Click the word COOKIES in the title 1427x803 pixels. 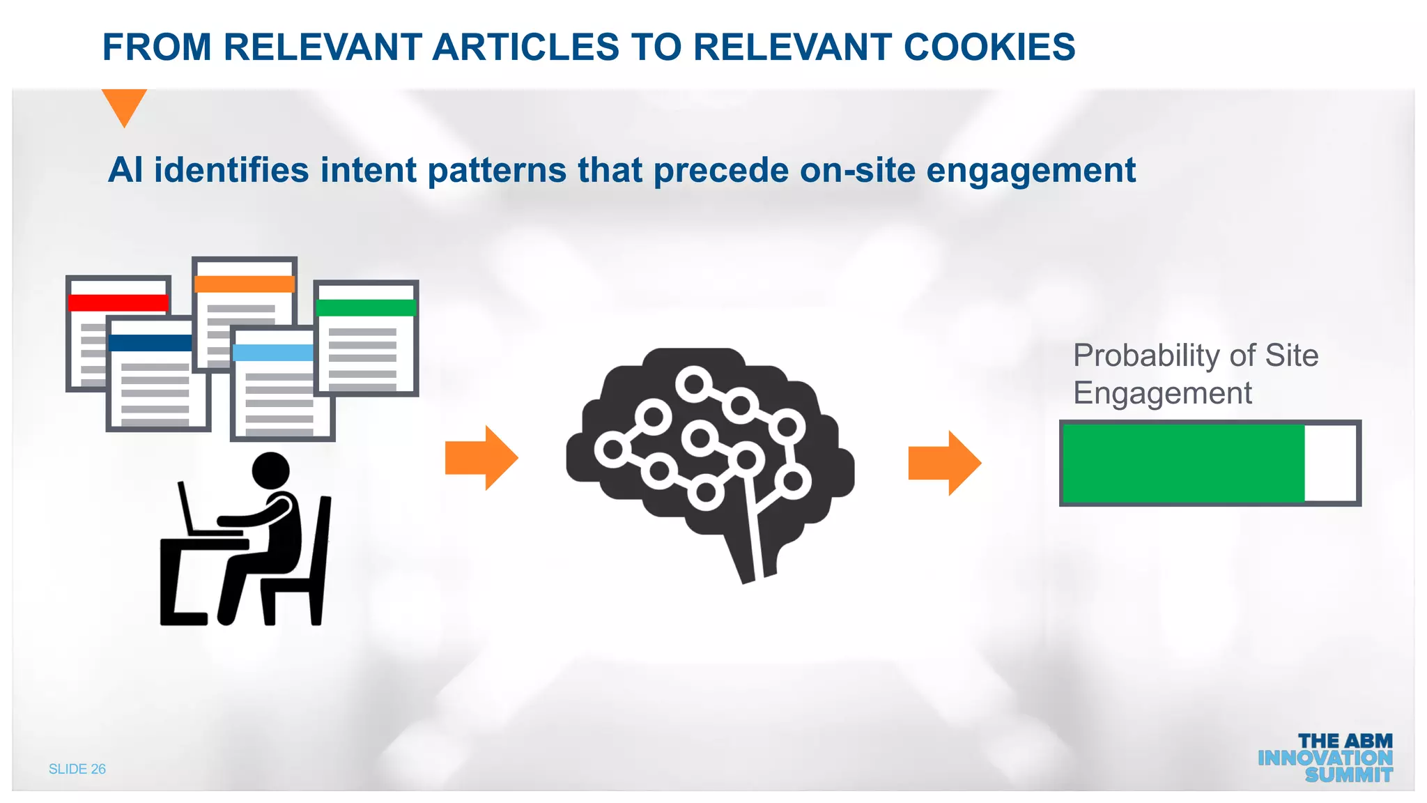point(989,47)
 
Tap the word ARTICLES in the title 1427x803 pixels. point(525,47)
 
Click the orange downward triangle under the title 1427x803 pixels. point(124,105)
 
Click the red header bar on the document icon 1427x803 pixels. point(118,303)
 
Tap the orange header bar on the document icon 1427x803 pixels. point(244,284)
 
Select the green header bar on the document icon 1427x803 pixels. point(366,307)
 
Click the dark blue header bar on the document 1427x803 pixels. point(150,343)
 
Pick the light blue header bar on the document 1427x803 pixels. point(273,353)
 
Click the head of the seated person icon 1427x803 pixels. point(270,471)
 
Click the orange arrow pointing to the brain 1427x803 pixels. point(481,458)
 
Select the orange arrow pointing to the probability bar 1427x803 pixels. point(944,463)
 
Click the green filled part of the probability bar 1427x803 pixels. point(1182,463)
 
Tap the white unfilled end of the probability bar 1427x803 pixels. point(1329,463)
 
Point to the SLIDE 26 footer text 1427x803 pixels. point(77,769)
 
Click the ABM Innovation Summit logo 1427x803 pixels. point(1325,758)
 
